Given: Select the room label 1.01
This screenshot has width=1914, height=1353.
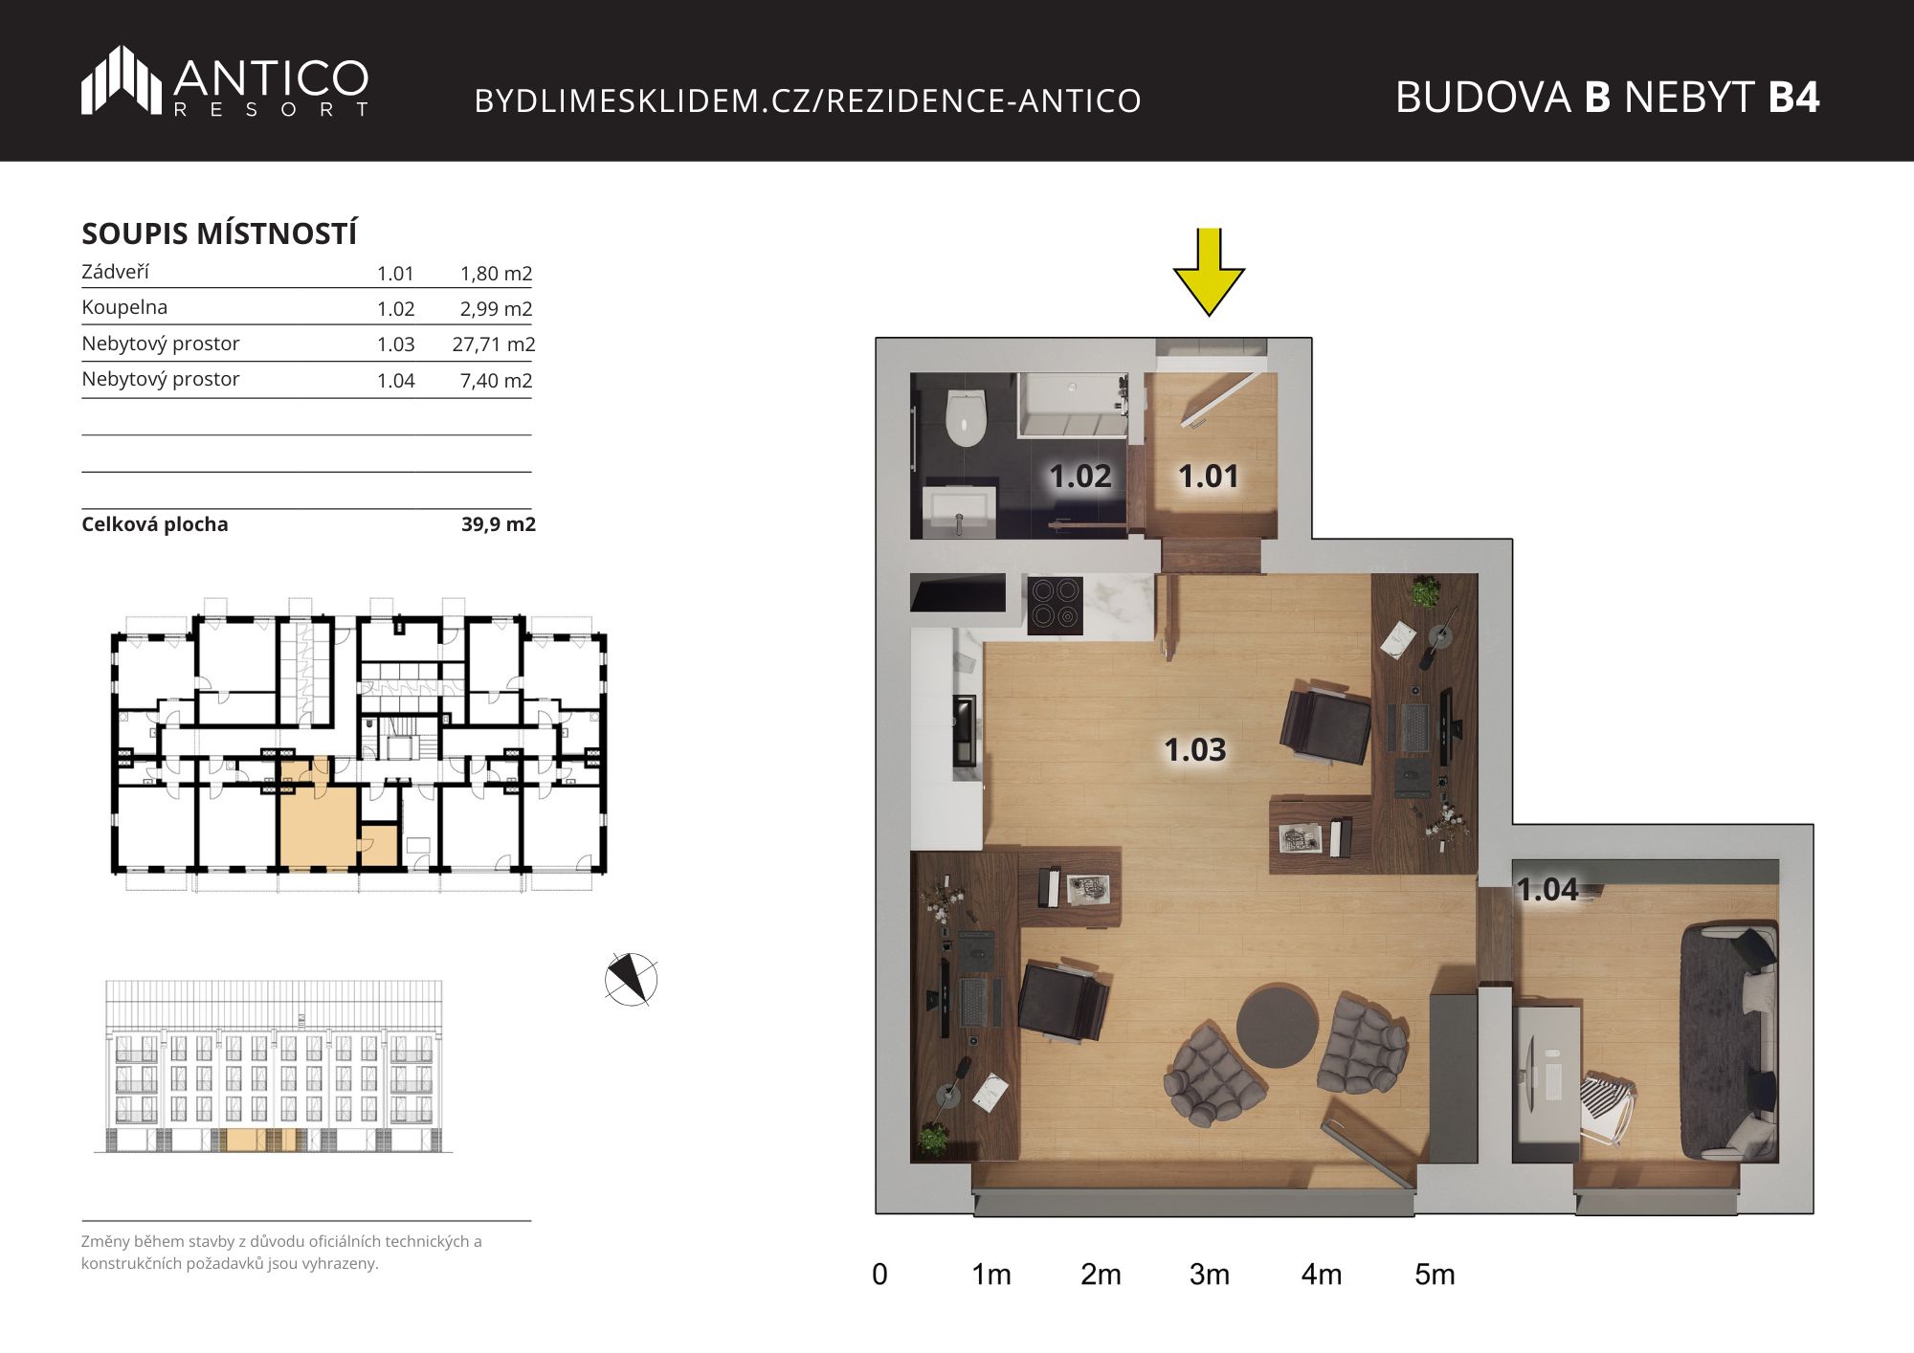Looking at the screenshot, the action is point(1208,476).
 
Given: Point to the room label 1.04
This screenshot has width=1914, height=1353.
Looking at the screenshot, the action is point(1547,890).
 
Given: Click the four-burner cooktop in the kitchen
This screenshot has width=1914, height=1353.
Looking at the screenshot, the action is point(1055,605).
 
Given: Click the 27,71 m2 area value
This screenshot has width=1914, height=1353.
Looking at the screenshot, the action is point(493,344).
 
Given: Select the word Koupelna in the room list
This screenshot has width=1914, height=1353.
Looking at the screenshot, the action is point(124,307).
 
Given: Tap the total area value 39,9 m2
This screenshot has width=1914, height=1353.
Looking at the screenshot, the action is point(498,524).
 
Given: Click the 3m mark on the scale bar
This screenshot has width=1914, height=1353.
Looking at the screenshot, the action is point(1210,1275).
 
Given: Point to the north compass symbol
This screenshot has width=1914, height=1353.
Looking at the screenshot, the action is point(631,979).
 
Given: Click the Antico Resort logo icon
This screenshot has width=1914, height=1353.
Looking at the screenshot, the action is point(121,79).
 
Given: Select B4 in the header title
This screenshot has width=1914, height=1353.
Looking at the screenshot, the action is point(1793,97).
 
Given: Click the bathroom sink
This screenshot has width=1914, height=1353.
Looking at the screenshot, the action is point(960,511).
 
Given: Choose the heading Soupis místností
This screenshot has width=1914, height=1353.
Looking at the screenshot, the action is point(219,233).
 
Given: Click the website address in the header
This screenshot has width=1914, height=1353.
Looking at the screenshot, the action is point(808,100).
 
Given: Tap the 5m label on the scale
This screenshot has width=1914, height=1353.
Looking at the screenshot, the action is point(1435,1275).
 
